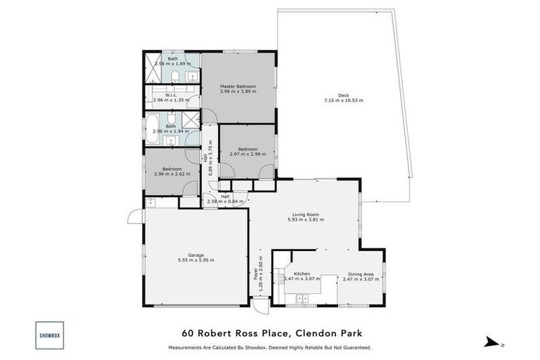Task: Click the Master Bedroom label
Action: click(237, 86)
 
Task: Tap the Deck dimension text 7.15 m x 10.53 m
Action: click(343, 101)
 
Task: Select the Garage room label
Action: click(196, 255)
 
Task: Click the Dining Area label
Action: click(361, 274)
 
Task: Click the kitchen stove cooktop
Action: click(280, 281)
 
